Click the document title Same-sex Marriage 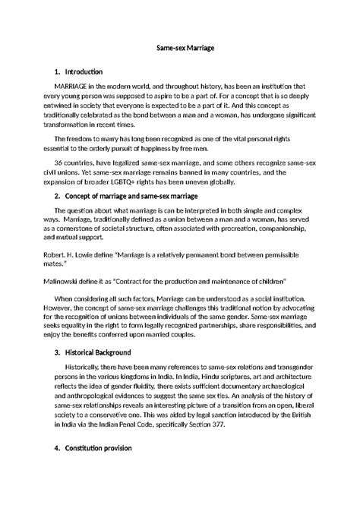coord(179,48)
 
